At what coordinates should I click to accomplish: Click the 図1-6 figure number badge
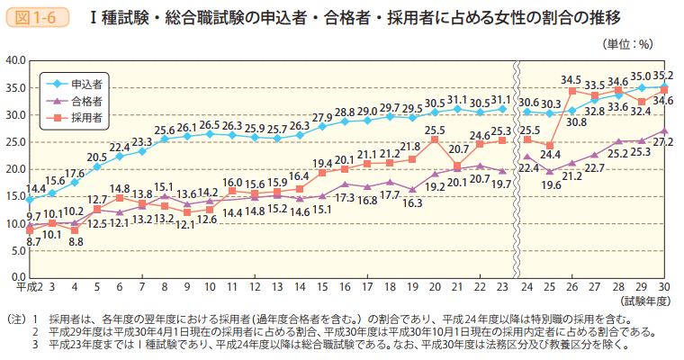(35, 16)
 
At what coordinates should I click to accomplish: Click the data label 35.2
(663, 76)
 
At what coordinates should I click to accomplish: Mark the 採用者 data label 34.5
(571, 80)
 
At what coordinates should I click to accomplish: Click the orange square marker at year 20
(435, 139)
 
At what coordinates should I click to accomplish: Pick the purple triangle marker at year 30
(664, 130)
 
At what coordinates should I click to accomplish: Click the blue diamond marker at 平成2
(30, 200)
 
